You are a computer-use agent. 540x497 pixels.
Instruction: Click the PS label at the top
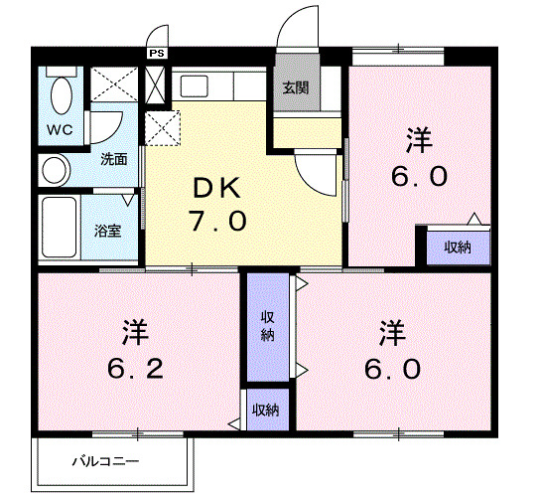[156, 54]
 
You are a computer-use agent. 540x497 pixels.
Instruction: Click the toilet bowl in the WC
[60, 96]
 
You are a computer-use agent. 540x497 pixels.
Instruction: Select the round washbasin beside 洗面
[54, 168]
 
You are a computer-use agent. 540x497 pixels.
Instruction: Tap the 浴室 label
[107, 232]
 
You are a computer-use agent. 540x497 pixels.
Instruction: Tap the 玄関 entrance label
[295, 87]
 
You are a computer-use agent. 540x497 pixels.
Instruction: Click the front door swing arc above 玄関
[300, 25]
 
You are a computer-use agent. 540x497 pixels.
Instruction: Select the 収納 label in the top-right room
[457, 247]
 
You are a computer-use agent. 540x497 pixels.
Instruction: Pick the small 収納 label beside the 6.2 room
[264, 410]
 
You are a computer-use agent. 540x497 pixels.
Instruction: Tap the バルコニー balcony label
[104, 461]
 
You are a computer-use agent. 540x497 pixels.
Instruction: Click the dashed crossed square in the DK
[161, 127]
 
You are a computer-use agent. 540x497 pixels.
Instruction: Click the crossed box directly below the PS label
[156, 83]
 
